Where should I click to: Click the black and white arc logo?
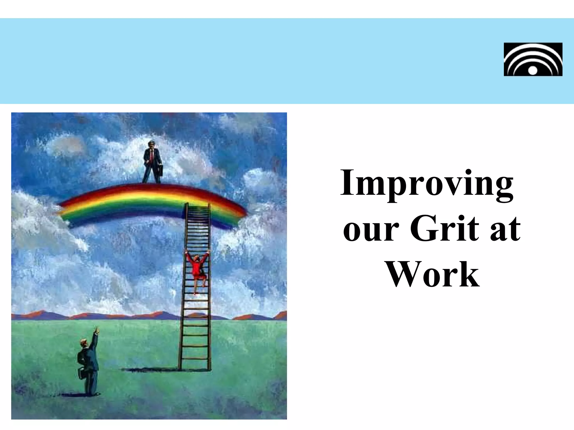[x=533, y=59]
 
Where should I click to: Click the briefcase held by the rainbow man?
[x=159, y=169]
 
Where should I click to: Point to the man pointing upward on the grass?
[x=88, y=364]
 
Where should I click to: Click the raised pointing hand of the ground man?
[x=97, y=330]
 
